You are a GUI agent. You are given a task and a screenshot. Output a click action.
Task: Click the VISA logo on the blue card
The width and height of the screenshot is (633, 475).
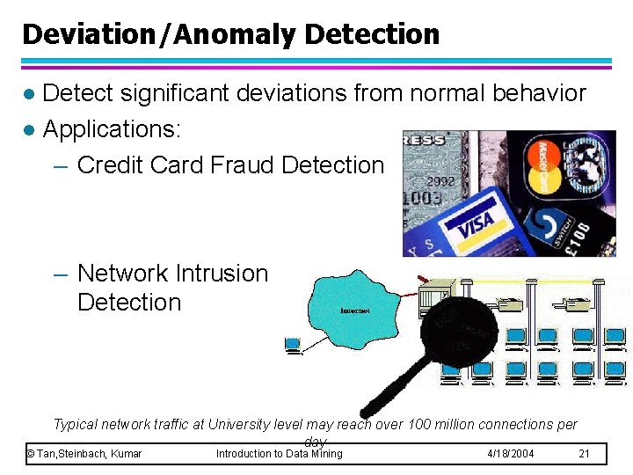pos(476,224)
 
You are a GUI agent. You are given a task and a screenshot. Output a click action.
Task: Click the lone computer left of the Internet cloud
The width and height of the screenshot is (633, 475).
pos(293,345)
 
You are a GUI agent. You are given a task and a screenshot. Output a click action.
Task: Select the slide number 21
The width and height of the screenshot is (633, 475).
pos(586,454)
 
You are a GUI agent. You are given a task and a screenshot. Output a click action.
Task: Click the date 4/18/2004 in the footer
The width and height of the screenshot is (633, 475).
pos(511,454)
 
